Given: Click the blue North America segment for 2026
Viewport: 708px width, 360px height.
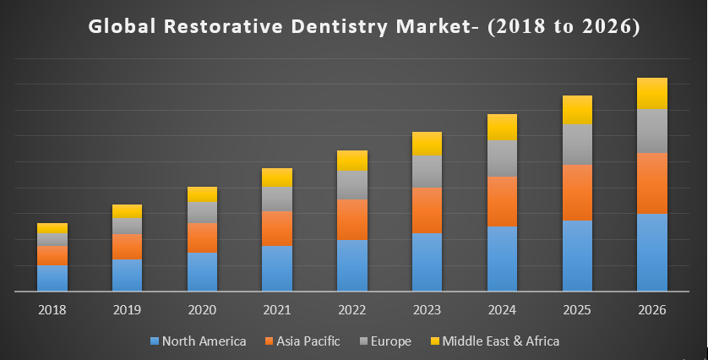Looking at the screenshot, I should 652,252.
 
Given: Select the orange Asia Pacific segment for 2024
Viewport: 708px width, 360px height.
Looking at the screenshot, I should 502,201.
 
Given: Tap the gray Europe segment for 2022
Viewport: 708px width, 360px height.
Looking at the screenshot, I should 352,184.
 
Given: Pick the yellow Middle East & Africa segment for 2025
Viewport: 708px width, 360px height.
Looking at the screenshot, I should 577,110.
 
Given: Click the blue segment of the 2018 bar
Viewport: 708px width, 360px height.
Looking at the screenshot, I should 52,277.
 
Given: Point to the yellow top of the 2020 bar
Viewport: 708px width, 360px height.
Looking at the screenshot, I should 202,194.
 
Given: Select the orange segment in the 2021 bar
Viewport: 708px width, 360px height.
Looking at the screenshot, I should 277,228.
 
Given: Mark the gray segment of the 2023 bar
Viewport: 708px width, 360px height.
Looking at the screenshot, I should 427,171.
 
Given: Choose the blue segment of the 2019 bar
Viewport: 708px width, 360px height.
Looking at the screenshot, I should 127,275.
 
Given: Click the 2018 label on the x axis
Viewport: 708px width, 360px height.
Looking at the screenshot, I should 52,310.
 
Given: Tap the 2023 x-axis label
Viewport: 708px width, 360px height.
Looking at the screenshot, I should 427,310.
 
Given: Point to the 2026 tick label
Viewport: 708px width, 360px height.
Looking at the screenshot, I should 652,310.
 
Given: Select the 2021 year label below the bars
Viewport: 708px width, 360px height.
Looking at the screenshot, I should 277,310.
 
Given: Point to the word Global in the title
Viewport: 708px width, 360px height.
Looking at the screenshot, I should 121,27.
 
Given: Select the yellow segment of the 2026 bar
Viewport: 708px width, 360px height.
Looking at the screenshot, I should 652,93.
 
